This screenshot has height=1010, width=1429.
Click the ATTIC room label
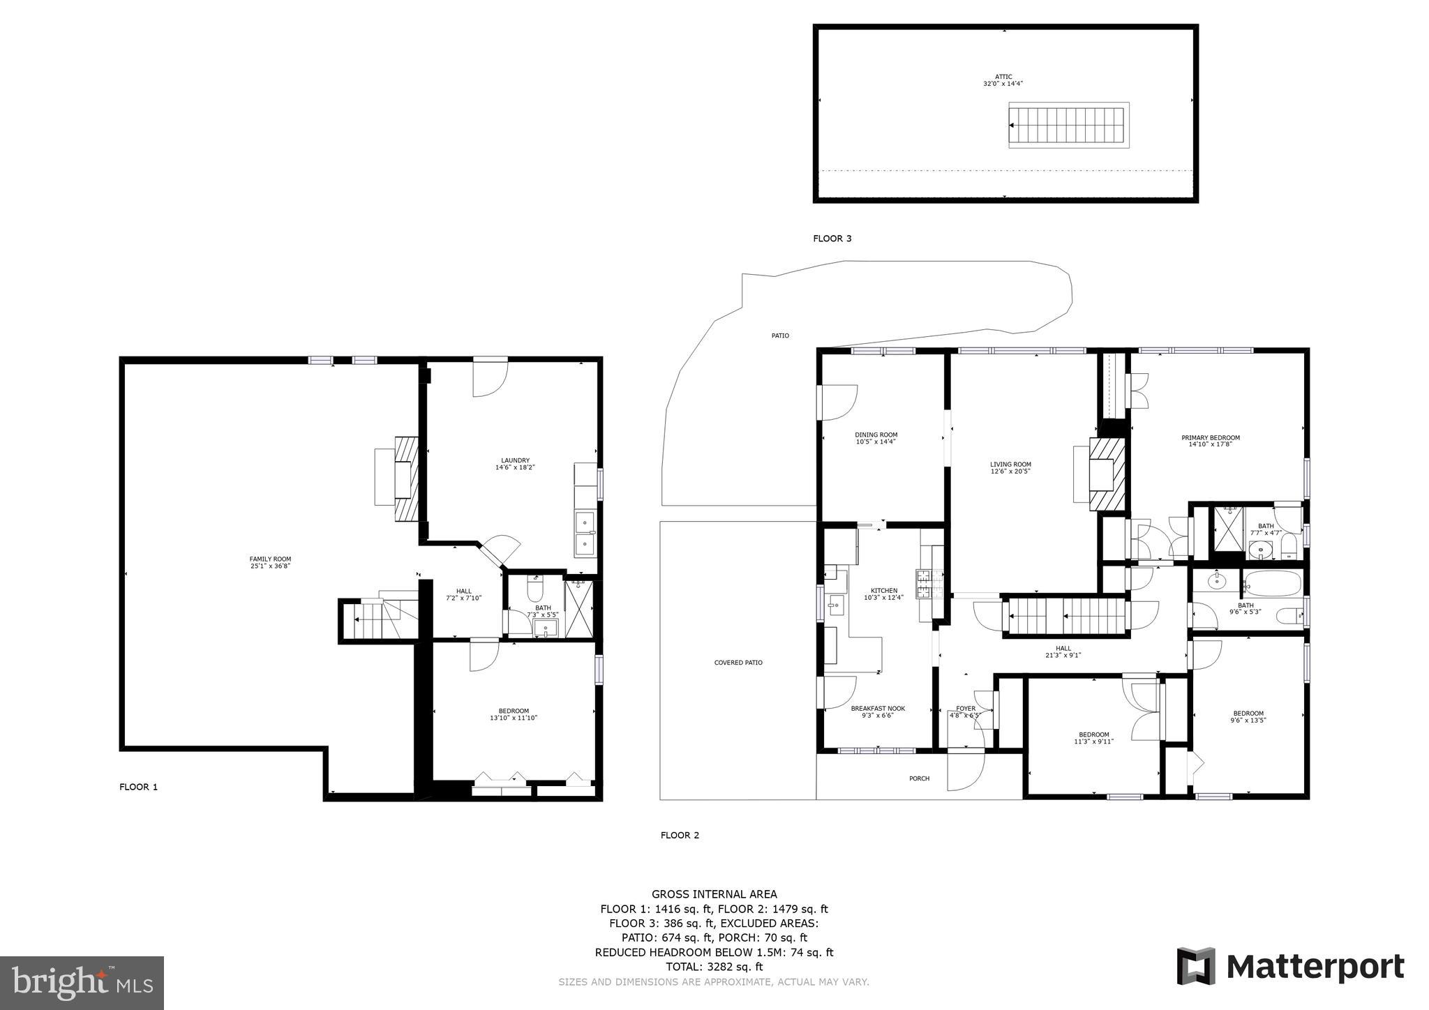click(x=1003, y=80)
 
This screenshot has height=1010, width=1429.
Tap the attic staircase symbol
click(x=1068, y=126)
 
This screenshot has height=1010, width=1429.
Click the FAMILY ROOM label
click(x=270, y=562)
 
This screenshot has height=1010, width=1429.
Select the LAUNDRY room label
click(x=515, y=464)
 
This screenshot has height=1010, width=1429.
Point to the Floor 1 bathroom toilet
click(x=535, y=590)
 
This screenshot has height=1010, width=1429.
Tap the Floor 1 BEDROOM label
click(x=514, y=714)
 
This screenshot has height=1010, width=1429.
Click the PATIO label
click(x=780, y=336)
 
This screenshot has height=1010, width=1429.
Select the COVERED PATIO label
click(x=738, y=663)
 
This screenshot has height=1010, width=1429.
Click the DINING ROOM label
click(x=876, y=438)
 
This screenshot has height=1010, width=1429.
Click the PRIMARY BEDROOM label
click(x=1211, y=441)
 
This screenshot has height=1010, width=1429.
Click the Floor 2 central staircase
click(x=1066, y=616)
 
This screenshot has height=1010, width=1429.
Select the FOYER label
click(x=966, y=711)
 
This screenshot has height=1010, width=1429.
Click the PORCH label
click(x=919, y=778)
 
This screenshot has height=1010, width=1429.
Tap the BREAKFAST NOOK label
click(x=878, y=711)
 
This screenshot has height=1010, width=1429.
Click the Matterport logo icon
click(x=1196, y=966)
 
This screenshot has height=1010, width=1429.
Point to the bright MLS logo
click(x=82, y=983)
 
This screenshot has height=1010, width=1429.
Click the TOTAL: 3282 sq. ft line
click(x=714, y=967)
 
